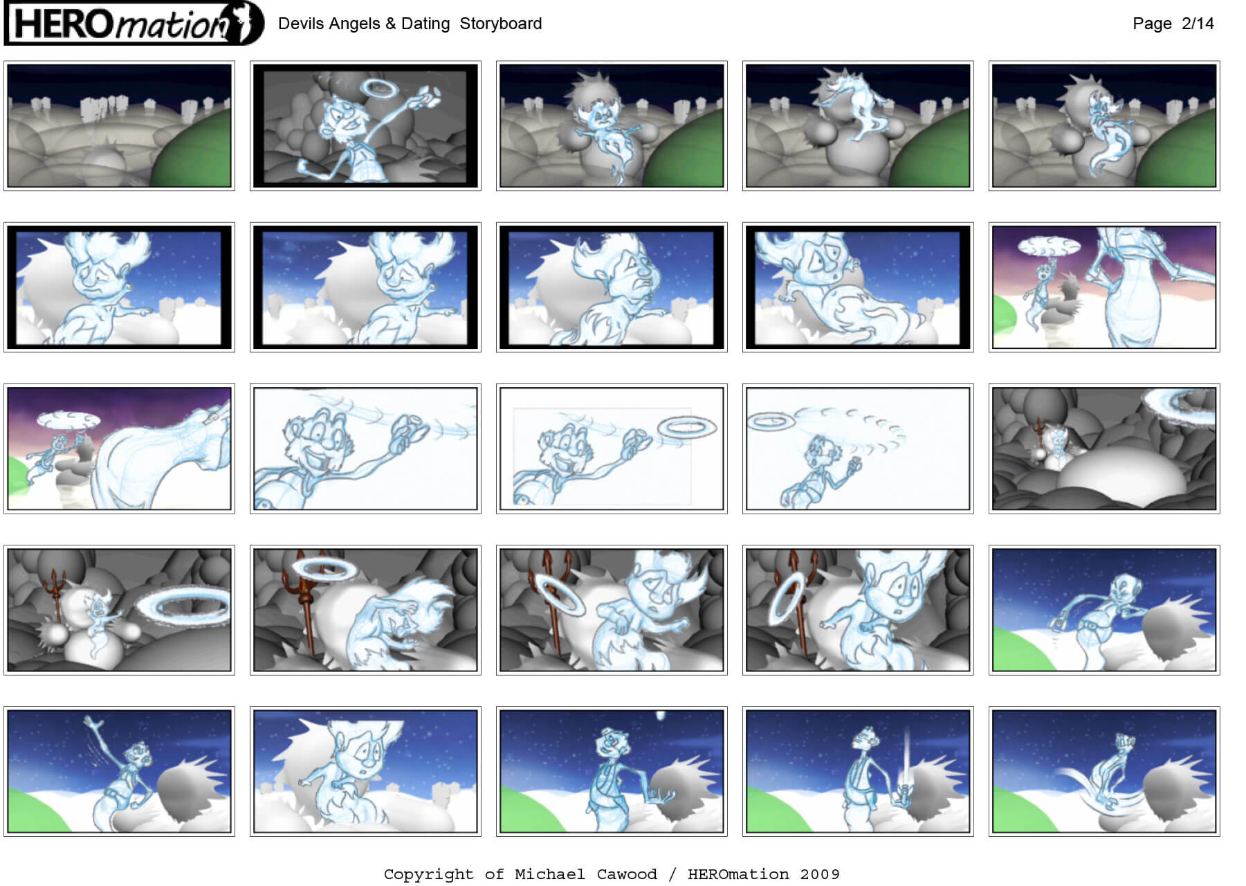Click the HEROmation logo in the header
point(134,23)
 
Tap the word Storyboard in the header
point(501,24)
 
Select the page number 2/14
point(1198,24)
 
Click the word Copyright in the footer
point(428,874)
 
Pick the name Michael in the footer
point(549,874)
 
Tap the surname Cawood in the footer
point(626,874)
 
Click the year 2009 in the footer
point(819,874)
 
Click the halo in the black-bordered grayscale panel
point(379,87)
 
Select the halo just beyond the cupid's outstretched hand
point(686,426)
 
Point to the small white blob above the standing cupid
point(661,716)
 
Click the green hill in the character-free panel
point(192,149)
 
